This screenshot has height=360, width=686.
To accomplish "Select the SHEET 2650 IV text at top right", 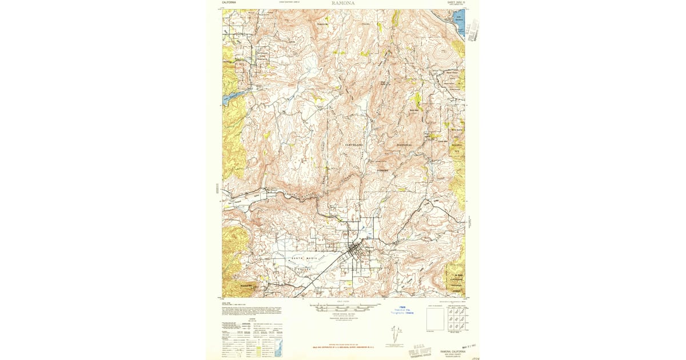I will point(456,3).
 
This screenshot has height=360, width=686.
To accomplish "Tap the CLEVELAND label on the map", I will point(354,145).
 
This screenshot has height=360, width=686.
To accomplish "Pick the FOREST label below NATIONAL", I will point(383,170).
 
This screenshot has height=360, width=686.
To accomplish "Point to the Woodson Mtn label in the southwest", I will point(246,284).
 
